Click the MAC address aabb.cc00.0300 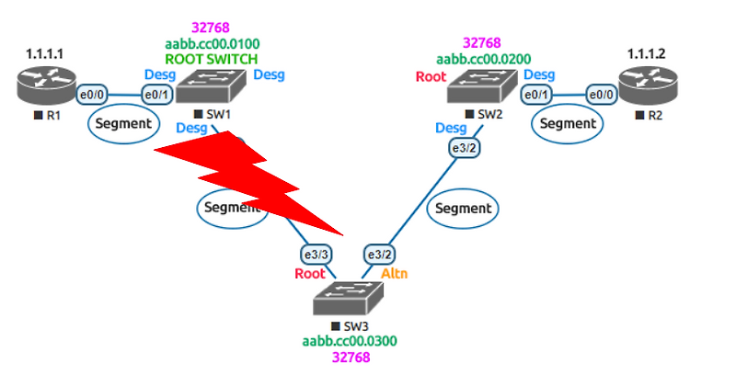pos(350,341)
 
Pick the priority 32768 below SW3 pos(350,358)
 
